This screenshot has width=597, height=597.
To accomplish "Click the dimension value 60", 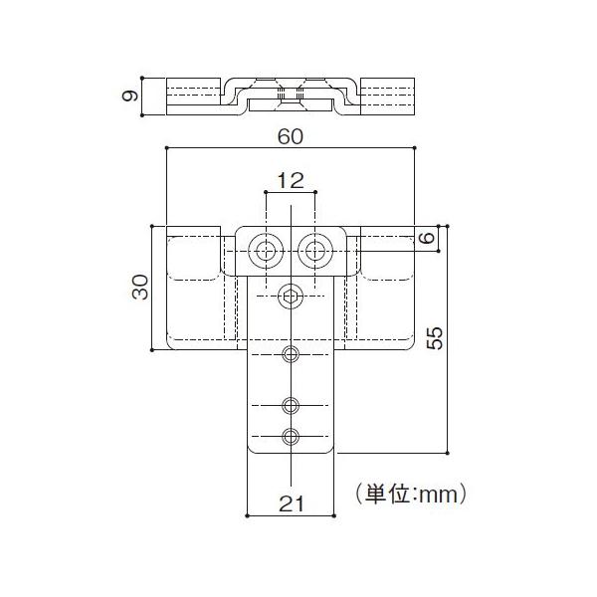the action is pyautogui.click(x=291, y=136).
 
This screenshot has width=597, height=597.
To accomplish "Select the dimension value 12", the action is pyautogui.click(x=291, y=180).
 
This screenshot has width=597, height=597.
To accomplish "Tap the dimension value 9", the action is pyautogui.click(x=129, y=96).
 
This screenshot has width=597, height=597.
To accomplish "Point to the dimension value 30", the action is pyautogui.click(x=140, y=288).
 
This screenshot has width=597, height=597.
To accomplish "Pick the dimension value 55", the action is pyautogui.click(x=435, y=337).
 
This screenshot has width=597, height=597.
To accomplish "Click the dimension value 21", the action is pyautogui.click(x=292, y=503).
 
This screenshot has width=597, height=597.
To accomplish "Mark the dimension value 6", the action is pyautogui.click(x=427, y=238).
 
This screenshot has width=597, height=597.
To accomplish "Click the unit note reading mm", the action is pyautogui.click(x=438, y=495).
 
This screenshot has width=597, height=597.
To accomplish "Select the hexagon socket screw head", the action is pyautogui.click(x=291, y=296).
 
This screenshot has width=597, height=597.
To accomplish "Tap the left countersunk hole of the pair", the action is pyautogui.click(x=266, y=251).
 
